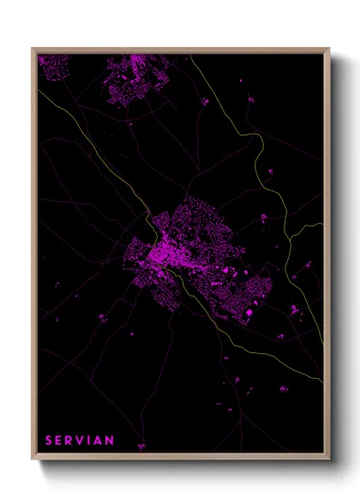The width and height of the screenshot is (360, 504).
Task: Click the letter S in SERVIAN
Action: [x=49, y=441]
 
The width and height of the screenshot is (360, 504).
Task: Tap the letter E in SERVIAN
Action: [x=60, y=441]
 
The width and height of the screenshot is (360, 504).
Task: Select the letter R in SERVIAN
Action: [x=71, y=441]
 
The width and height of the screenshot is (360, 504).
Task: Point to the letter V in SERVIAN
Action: [x=83, y=441]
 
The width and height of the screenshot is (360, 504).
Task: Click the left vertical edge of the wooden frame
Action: [x=33, y=257]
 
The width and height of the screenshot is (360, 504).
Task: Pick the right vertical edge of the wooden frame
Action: [x=328, y=257]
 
